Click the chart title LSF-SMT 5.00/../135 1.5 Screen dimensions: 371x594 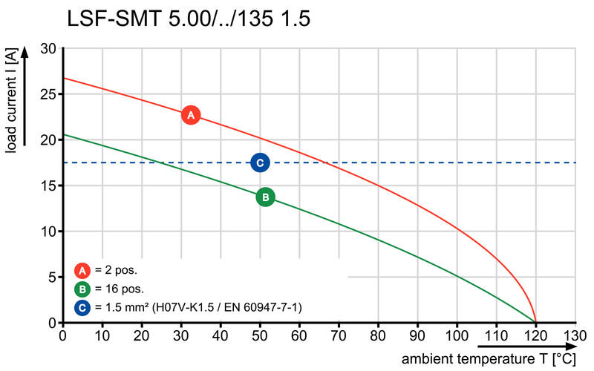[189, 19]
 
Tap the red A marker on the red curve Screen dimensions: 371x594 [191, 115]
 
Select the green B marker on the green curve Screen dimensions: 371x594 [265, 197]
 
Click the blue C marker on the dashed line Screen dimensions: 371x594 [260, 162]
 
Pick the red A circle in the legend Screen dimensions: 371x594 [83, 270]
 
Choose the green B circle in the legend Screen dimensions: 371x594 [83, 289]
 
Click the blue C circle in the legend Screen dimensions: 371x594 [83, 306]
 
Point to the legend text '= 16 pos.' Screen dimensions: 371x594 [120, 289]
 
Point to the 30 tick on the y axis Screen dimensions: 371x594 [48, 48]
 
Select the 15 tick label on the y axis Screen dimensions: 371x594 [48, 185]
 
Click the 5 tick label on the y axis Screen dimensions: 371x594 [52, 277]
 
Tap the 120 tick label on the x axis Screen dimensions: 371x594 [535, 336]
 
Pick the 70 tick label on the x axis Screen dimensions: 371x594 [339, 336]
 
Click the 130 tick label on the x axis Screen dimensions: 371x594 [575, 336]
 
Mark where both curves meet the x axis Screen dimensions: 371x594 [535, 322]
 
